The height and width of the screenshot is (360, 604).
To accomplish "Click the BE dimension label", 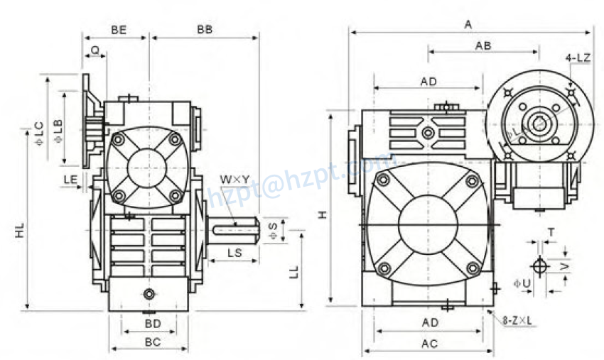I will click(x=119, y=31).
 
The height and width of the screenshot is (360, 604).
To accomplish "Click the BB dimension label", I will click(x=205, y=31).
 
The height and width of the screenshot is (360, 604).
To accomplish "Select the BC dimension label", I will click(x=152, y=342).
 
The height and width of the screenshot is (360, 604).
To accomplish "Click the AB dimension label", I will click(x=483, y=45).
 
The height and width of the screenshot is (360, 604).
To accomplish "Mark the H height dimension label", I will click(x=323, y=214).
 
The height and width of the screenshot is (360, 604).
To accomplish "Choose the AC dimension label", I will click(x=428, y=344).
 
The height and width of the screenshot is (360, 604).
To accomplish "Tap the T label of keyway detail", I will click(x=551, y=232).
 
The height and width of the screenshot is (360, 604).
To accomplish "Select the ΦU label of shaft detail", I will click(x=522, y=283).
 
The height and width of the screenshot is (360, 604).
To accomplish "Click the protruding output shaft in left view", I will click(x=234, y=227).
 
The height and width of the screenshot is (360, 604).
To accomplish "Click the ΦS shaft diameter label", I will click(x=272, y=229).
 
